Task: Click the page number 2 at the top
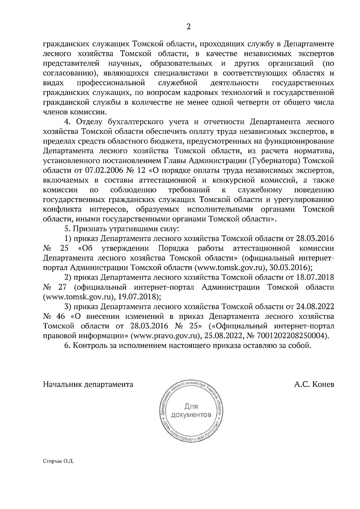pyautogui.click(x=188, y=27)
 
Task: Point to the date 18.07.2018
pyautogui.click(x=315, y=277)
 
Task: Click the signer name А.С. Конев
pyautogui.click(x=314, y=384)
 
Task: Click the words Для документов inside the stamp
pyautogui.click(x=190, y=411)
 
